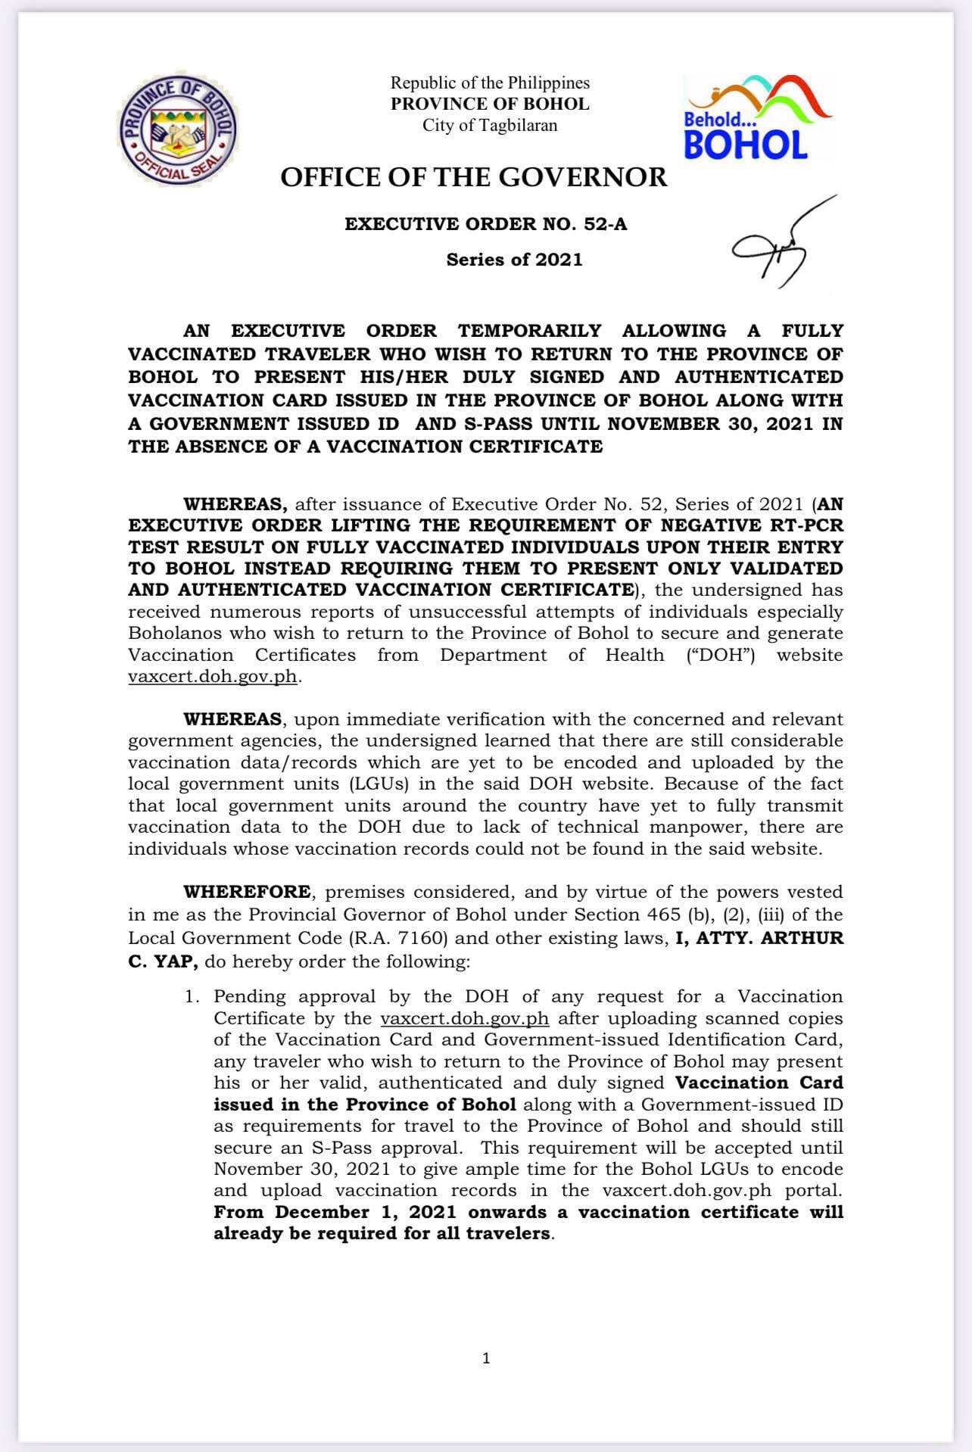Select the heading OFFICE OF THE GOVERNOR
[x=474, y=177]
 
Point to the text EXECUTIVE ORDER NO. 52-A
[x=486, y=224]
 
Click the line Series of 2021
[x=514, y=260]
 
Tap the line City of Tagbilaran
[x=490, y=126]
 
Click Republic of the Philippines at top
[x=490, y=83]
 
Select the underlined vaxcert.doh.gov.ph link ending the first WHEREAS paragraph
[x=212, y=677]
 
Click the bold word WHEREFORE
[x=247, y=892]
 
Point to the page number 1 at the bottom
[x=486, y=1358]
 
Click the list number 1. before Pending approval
[x=193, y=996]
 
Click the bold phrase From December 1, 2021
[x=335, y=1212]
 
